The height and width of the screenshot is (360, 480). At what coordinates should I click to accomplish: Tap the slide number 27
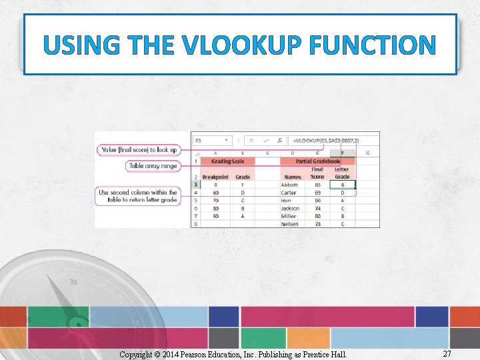447,354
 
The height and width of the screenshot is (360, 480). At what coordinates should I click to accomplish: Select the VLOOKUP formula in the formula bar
326,141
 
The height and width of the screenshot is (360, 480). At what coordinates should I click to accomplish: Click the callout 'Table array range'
153,165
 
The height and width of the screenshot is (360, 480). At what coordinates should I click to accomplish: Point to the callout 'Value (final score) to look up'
139,150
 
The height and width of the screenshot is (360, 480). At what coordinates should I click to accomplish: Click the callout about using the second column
138,196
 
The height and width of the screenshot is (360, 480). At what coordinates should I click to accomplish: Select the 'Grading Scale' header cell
227,161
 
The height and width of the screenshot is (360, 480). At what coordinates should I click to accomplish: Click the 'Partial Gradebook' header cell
318,161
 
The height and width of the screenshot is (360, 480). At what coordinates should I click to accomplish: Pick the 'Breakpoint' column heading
215,177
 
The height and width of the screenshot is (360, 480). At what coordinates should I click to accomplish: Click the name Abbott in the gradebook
290,185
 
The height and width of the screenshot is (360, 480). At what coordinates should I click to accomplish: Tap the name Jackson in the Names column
290,208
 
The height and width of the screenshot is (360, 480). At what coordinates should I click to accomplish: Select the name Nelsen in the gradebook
290,224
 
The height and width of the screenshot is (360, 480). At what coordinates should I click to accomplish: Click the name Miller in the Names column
289,216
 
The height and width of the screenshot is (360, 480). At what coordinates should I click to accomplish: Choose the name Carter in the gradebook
289,193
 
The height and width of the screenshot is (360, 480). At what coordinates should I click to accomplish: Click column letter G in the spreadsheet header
367,153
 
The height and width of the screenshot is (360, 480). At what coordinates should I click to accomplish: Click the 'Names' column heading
293,177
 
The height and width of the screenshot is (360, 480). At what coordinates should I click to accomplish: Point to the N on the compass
73,282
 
